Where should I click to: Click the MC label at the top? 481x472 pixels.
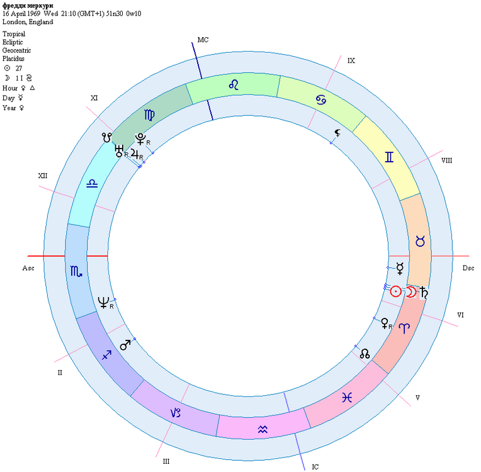(x=203, y=40)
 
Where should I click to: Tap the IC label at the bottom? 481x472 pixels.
(x=315, y=467)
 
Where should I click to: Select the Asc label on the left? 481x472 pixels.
(x=28, y=268)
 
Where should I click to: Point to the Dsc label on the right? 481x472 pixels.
(x=468, y=268)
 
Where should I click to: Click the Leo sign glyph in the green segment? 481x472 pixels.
(x=234, y=84)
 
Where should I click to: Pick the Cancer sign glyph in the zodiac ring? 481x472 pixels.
(x=321, y=100)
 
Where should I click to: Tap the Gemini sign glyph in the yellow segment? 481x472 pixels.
(x=389, y=157)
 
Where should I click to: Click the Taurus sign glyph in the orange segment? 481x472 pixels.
(x=420, y=241)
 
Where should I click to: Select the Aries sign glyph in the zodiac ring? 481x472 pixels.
(x=404, y=328)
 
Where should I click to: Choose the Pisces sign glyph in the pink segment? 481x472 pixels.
(x=347, y=398)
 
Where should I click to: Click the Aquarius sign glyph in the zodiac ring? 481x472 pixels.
(x=263, y=429)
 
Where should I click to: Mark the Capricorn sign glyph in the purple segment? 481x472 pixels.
(x=175, y=413)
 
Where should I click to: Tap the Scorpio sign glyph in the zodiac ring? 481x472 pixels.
(x=76, y=271)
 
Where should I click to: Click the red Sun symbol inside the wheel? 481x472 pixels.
(x=396, y=291)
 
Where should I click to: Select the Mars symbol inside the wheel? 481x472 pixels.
(x=125, y=345)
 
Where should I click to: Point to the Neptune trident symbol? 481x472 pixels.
(x=103, y=303)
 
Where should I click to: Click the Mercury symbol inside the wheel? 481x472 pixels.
(x=400, y=268)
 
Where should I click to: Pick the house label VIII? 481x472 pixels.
(x=446, y=160)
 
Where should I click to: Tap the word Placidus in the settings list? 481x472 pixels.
(x=13, y=59)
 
